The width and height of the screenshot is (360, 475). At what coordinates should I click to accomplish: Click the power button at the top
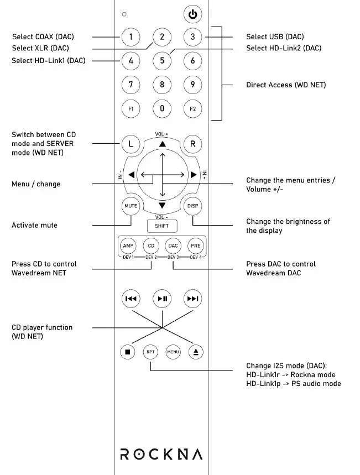192,14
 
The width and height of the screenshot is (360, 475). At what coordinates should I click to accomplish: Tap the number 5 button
162,60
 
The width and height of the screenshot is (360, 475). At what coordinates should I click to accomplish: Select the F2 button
192,109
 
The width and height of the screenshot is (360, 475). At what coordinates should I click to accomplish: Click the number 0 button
162,108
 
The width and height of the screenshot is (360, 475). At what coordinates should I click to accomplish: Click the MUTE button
131,206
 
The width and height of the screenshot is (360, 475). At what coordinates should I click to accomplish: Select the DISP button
192,206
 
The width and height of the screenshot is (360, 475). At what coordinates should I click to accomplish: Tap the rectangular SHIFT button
161,226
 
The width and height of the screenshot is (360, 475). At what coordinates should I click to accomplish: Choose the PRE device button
195,246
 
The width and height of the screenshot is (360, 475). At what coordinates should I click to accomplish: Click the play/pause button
162,299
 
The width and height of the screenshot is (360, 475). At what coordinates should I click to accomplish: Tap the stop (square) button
128,351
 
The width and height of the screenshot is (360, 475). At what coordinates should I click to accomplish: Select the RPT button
150,351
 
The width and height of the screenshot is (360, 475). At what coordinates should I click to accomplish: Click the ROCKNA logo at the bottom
161,454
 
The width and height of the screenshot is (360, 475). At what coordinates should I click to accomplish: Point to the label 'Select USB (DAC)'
275,37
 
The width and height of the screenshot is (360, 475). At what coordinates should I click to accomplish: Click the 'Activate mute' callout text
34,225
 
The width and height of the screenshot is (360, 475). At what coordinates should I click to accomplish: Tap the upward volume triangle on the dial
162,144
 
